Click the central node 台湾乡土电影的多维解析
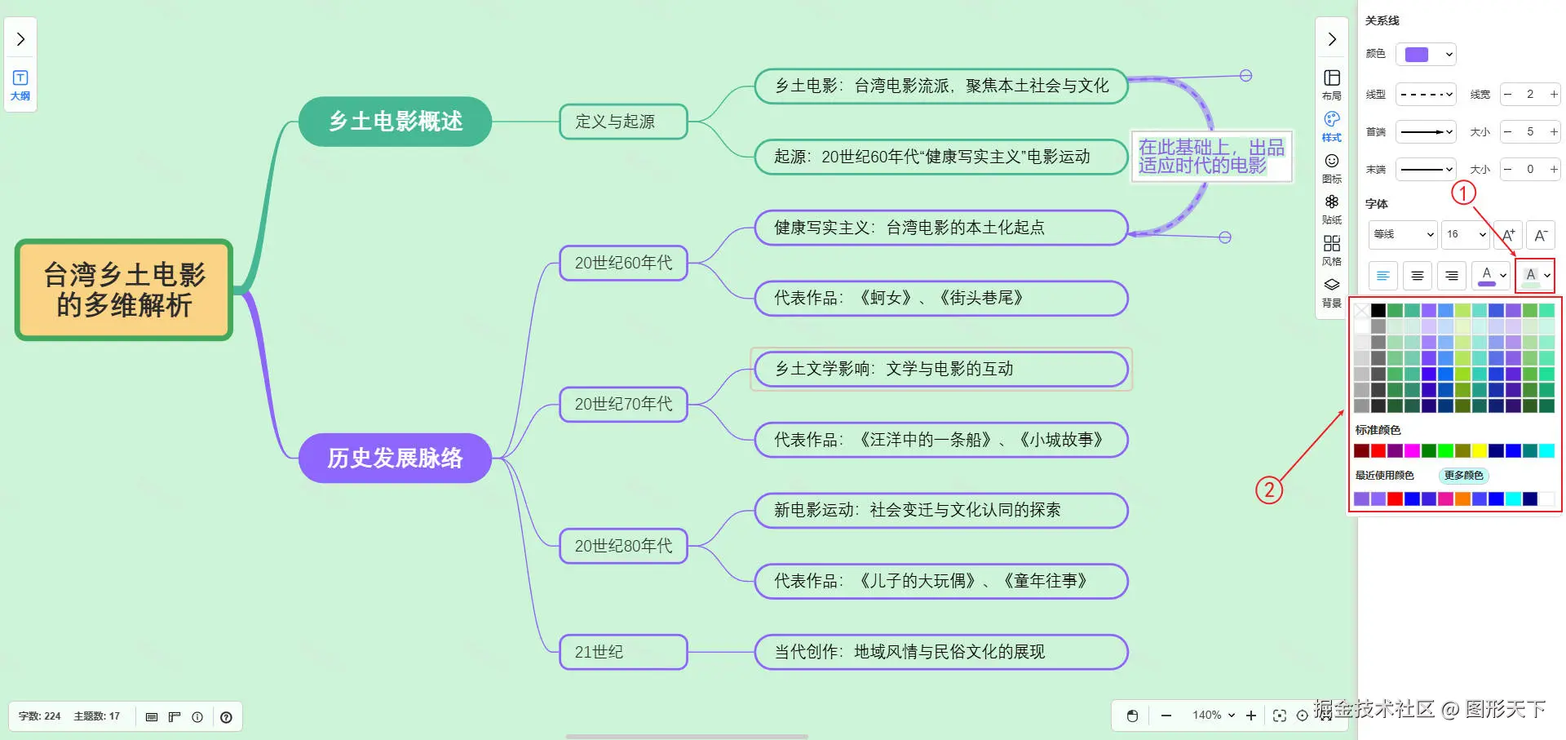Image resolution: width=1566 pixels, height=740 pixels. (124, 290)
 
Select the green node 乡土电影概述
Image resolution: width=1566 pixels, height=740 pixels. (395, 122)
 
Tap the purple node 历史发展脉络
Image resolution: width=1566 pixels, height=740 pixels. (395, 458)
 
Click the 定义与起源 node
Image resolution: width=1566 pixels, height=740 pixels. (623, 122)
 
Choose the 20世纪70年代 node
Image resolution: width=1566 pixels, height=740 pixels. (623, 404)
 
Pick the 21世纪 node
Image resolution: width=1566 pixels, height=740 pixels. (623, 652)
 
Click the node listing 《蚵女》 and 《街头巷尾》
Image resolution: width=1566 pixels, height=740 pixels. (940, 298)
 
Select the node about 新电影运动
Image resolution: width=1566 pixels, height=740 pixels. (940, 510)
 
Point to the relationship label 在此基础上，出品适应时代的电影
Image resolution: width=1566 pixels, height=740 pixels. (1211, 156)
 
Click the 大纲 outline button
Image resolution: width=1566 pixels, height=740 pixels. (20, 84)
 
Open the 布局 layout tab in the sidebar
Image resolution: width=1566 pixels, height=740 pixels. (1332, 83)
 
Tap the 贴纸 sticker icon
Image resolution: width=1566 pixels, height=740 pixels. (1332, 208)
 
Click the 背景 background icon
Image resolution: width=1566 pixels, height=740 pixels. (1332, 291)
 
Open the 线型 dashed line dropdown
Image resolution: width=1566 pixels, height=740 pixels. (1426, 95)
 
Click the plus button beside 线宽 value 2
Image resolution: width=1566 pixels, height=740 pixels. (1554, 95)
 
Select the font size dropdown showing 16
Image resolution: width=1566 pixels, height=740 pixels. (1466, 234)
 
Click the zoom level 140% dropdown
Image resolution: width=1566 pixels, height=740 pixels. (1214, 716)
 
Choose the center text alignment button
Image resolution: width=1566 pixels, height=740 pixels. (1418, 276)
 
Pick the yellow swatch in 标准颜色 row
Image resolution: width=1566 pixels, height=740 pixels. (1480, 450)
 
